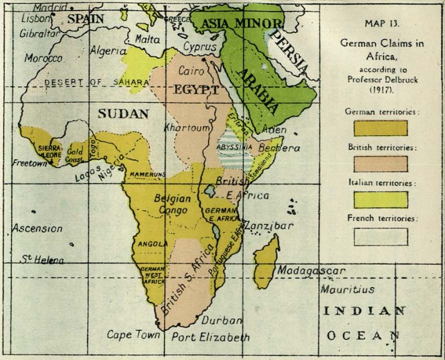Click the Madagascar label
(311, 271)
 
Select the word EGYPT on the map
(195, 90)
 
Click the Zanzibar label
(268, 226)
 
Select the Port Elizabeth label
(211, 337)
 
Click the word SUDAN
(123, 113)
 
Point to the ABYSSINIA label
(234, 148)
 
